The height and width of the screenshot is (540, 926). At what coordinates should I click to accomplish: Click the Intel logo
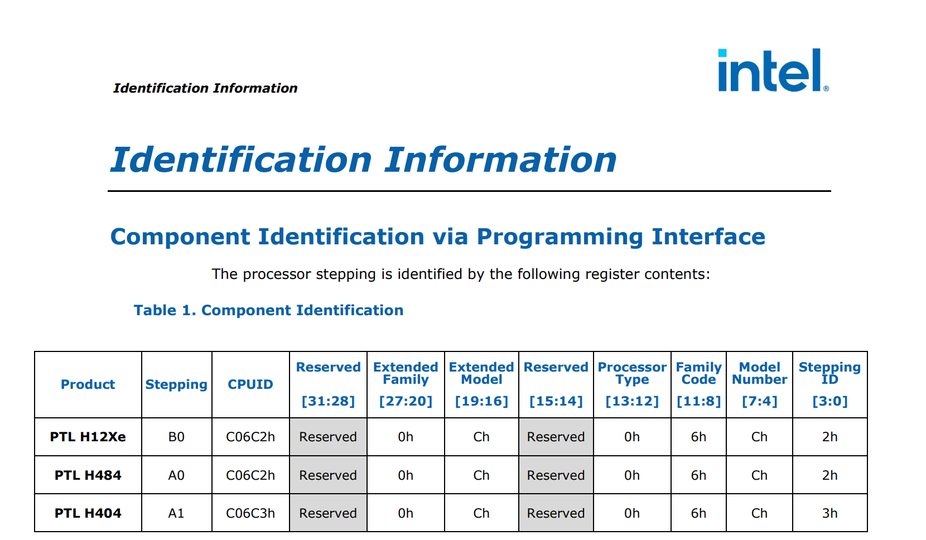(773, 70)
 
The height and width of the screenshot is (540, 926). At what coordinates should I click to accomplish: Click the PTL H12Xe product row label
(88, 437)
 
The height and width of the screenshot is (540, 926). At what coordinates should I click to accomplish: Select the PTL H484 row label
(88, 475)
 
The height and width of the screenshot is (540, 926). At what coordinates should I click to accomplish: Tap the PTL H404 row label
(88, 513)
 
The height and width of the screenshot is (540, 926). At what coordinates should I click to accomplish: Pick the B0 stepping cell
(176, 437)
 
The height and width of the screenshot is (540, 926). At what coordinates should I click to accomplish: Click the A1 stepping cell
(176, 513)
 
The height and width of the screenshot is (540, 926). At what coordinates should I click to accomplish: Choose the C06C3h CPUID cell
(250, 513)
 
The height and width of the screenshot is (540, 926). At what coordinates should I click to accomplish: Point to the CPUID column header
(250, 384)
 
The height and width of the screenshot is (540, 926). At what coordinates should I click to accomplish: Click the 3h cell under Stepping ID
(829, 513)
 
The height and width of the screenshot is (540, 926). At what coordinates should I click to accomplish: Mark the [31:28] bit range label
(328, 401)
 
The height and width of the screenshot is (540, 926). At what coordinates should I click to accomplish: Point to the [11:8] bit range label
(698, 401)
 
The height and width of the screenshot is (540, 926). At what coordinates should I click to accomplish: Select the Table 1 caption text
(268, 310)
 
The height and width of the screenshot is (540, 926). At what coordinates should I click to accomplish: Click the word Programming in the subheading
(560, 237)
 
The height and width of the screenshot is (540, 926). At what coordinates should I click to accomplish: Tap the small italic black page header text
(205, 88)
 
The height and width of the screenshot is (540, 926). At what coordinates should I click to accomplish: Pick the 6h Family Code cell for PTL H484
(698, 475)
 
